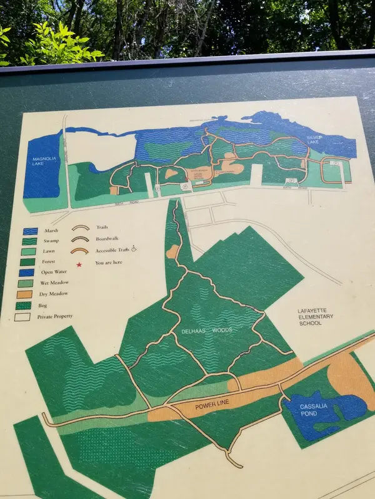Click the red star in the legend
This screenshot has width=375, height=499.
coord(79,264)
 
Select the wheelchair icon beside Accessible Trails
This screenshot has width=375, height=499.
coord(134,250)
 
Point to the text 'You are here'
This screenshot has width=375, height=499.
coord(109,263)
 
